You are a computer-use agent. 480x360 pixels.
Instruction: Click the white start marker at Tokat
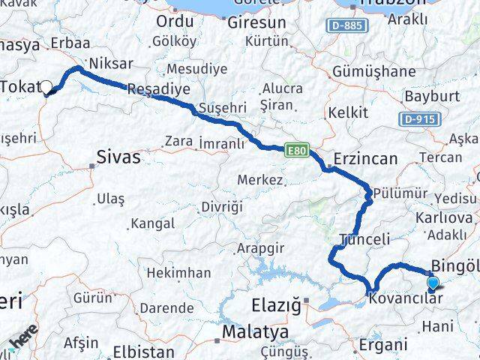coord(47,88)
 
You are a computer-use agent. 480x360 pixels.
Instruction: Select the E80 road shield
coord(295,151)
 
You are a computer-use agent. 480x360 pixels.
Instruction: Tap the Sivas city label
coord(118,157)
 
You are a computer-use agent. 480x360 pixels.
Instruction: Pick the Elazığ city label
coord(274,305)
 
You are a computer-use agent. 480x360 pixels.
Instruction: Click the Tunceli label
coord(365,239)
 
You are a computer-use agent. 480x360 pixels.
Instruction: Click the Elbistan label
coord(143,351)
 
